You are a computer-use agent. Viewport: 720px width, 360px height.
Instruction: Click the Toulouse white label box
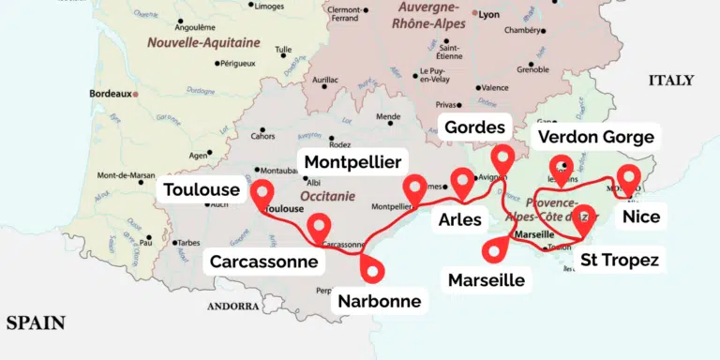pos(201,190)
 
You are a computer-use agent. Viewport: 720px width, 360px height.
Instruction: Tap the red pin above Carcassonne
pos(320,226)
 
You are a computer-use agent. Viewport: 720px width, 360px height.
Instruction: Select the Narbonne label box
pos(379,301)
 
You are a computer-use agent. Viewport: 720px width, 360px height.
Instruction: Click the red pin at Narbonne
pos(373,268)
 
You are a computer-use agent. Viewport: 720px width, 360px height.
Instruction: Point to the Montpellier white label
pos(352,161)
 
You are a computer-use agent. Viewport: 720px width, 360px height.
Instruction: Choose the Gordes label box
pos(474,127)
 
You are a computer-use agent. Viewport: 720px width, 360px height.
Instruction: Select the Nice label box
pos(641,217)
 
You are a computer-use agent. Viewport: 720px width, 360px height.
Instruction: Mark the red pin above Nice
pos(629,178)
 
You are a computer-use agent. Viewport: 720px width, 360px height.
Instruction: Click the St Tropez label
pos(619,260)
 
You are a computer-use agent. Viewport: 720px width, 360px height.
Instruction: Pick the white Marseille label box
pos(486,279)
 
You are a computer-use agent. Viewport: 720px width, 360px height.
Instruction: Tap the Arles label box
pos(459,220)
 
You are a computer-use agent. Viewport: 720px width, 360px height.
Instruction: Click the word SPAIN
pos(36,322)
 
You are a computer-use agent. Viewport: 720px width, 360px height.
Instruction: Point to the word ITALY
pos(671,81)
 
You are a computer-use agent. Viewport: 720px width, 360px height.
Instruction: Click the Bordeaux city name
pos(110,94)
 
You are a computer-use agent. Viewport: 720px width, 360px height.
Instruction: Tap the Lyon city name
pos(488,15)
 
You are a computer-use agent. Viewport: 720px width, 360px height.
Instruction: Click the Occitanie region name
pos(327,197)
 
